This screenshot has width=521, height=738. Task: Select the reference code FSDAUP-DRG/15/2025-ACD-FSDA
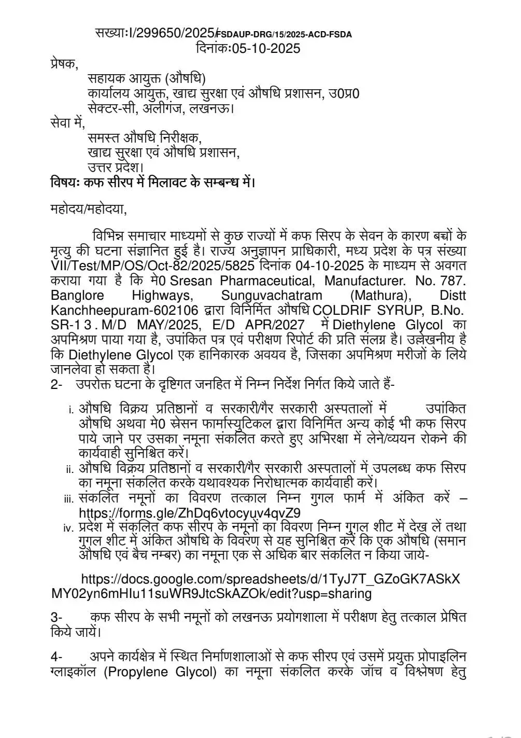pyautogui.click(x=284, y=35)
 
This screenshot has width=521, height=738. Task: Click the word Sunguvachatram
pyautogui.click(x=272, y=296)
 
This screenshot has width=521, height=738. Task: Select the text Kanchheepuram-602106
pyautogui.click(x=124, y=310)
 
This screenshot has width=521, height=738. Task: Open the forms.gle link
pyautogui.click(x=190, y=513)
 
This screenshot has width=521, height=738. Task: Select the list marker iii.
pyautogui.click(x=69, y=499)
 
